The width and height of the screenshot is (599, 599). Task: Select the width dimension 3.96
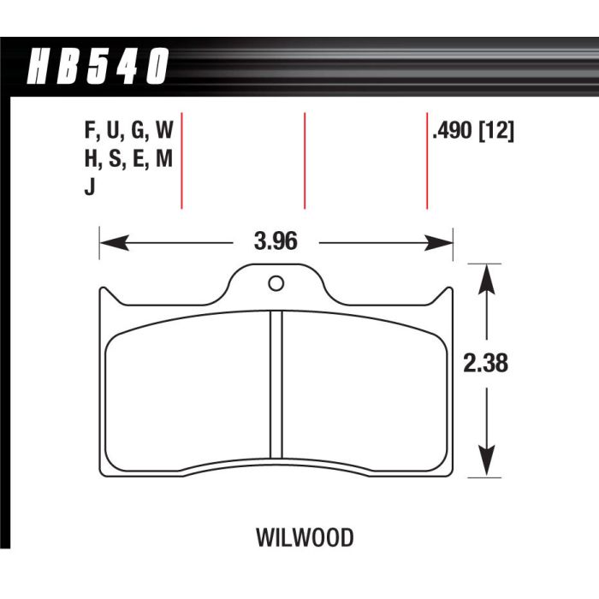275,243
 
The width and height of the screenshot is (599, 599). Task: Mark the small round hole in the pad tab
275,284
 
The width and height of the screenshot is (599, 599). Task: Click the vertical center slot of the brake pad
276,385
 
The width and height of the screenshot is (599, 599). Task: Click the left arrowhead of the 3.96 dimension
110,244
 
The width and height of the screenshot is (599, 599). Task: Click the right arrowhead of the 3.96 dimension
442,244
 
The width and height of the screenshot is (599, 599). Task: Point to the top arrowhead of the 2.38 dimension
486,276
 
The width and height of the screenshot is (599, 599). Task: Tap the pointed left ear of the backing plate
104,294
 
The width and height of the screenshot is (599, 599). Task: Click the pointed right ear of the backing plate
448,294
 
